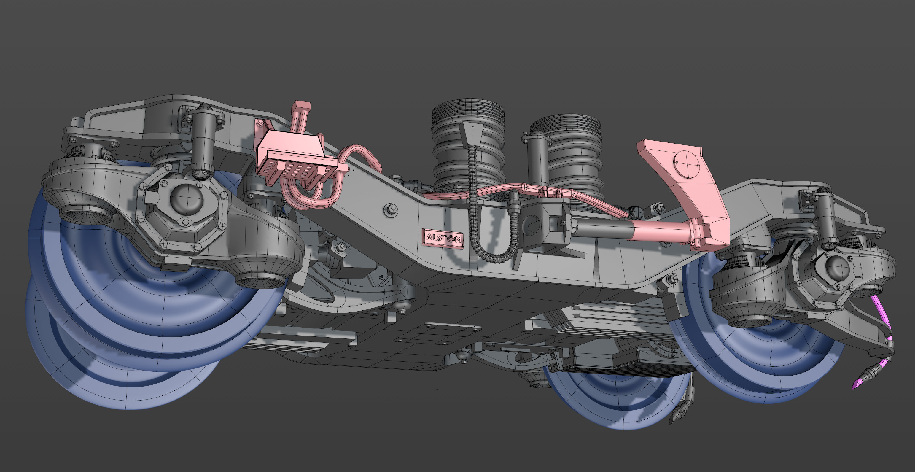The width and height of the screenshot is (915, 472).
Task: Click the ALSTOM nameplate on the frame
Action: [x=443, y=239]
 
